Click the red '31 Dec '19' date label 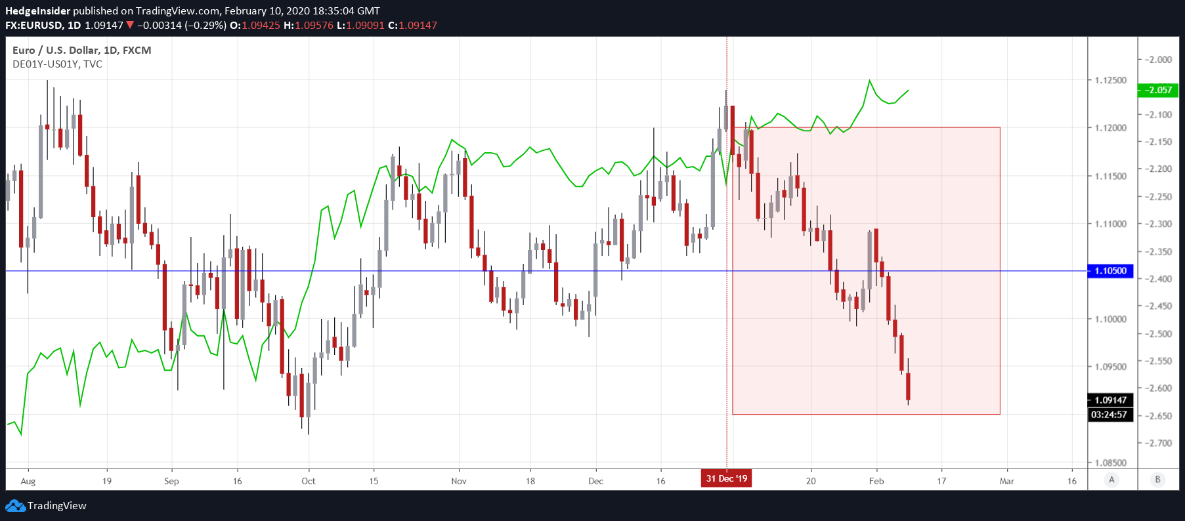coord(726,478)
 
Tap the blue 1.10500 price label coord(1110,270)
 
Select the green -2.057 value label coord(1158,90)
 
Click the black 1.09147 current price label coord(1110,400)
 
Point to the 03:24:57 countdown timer coord(1109,415)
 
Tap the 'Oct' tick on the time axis coord(308,481)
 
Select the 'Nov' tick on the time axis coord(459,481)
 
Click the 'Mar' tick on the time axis coord(1006,481)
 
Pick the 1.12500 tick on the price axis coord(1110,80)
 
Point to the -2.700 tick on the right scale coord(1159,443)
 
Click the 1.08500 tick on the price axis coord(1110,463)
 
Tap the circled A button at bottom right coord(1111,480)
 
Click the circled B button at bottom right coord(1157,480)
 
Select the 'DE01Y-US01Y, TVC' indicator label coord(57,64)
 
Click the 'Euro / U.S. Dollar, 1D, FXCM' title coord(81,50)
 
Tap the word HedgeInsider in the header coord(37,10)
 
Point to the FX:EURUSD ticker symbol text coord(34,25)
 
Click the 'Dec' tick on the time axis coord(595,481)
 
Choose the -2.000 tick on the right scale coord(1159,59)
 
